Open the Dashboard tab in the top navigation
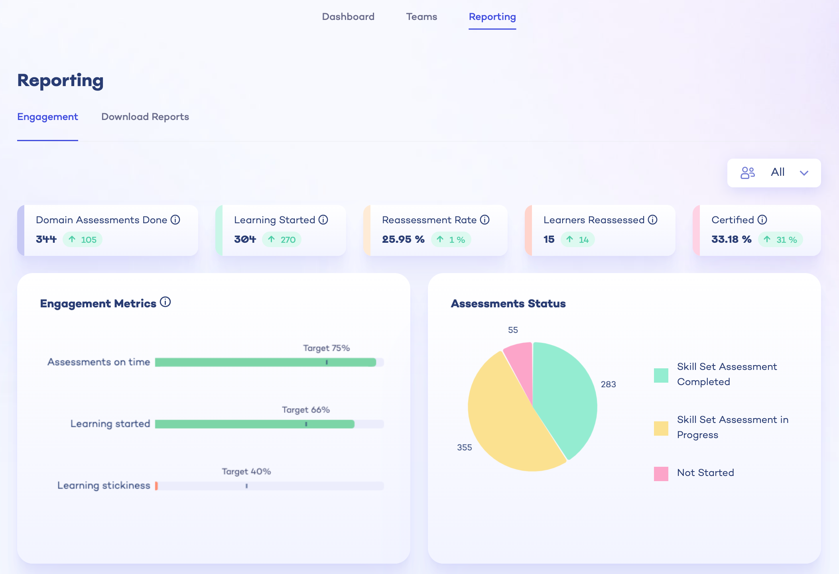tap(348, 17)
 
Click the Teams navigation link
tap(421, 17)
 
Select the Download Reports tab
tap(145, 117)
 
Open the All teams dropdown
tap(774, 173)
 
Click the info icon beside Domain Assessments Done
tap(175, 220)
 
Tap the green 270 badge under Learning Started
tap(282, 240)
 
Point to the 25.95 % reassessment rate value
tap(403, 239)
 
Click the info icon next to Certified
tap(762, 220)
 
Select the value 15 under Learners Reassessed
tap(549, 239)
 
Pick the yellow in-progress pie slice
tap(506, 423)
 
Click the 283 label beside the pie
tap(608, 384)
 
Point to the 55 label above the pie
tap(513, 330)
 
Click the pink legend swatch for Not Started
tap(661, 474)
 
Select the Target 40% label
tap(246, 472)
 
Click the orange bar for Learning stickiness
tap(157, 486)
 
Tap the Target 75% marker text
tap(326, 348)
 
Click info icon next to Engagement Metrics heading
tap(165, 302)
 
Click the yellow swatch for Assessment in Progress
tap(661, 429)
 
